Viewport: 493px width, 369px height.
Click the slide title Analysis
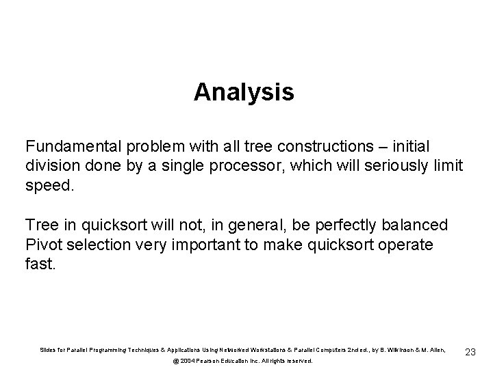coord(244,92)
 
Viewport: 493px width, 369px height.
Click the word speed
coord(47,184)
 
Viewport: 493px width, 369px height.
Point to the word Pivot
coord(43,244)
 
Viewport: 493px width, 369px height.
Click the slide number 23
coord(470,352)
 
